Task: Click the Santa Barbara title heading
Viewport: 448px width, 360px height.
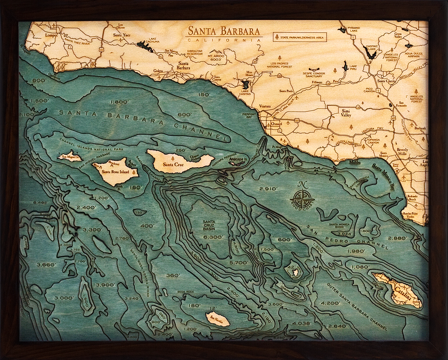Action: pos(224,31)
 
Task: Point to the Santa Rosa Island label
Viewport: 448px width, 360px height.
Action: pos(115,172)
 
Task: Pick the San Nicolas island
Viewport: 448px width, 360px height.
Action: pos(217,319)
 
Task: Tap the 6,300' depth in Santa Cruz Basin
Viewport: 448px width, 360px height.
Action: pos(213,237)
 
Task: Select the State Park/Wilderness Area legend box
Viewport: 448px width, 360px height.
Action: pos(300,37)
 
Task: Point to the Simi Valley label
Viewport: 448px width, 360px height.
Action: pos(346,112)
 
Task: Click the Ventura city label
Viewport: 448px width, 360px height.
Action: pos(265,106)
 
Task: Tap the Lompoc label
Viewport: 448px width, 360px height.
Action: pos(51,35)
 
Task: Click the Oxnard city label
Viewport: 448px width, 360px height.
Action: pos(276,124)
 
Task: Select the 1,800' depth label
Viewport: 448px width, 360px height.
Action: pos(119,101)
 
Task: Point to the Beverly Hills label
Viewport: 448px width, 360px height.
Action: pos(402,152)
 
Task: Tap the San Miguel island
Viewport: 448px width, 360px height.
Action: pos(70,156)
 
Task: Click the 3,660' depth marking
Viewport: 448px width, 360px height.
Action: pos(45,265)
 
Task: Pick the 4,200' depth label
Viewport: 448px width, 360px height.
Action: pos(330,303)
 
